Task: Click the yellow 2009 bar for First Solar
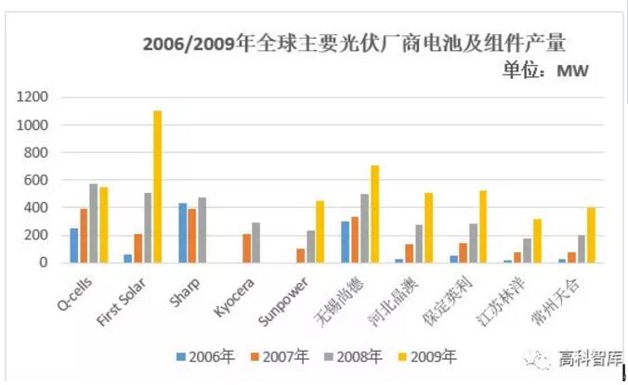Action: (158, 186)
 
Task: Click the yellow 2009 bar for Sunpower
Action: (320, 231)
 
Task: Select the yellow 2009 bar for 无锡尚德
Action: (374, 213)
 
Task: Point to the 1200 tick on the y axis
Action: (35, 97)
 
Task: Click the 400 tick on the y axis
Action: (39, 208)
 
